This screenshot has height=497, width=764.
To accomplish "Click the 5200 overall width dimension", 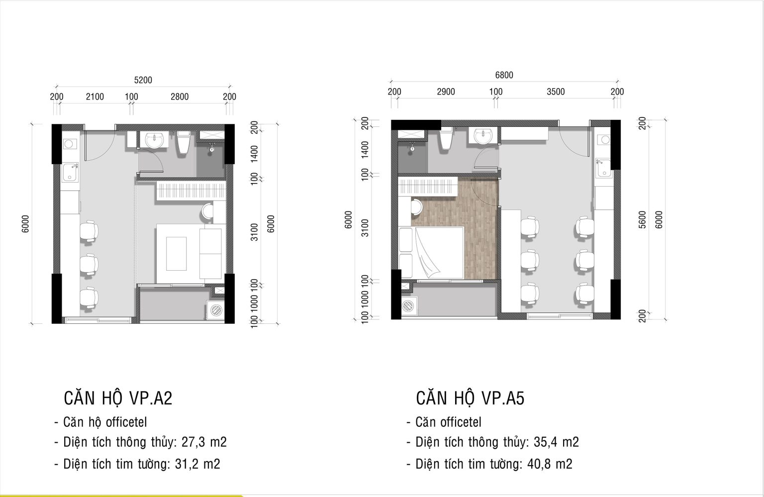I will [x=143, y=80].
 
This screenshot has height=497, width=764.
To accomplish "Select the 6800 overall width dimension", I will [x=504, y=75].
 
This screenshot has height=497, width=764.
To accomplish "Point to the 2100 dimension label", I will [x=95, y=97].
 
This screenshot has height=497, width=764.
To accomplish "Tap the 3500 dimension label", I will [x=556, y=92].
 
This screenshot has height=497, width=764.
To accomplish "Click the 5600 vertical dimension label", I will [x=642, y=219].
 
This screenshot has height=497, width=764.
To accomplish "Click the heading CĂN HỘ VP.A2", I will [x=118, y=398].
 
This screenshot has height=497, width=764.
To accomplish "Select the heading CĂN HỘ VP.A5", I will [x=470, y=398].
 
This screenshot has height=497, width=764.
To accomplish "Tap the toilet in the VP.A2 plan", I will [x=184, y=142].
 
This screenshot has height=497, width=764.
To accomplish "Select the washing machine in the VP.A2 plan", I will [x=216, y=310].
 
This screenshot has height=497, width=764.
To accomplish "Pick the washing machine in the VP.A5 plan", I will [x=409, y=306].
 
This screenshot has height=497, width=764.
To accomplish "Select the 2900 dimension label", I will [x=446, y=92].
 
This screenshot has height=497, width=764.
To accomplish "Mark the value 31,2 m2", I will [x=197, y=464].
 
